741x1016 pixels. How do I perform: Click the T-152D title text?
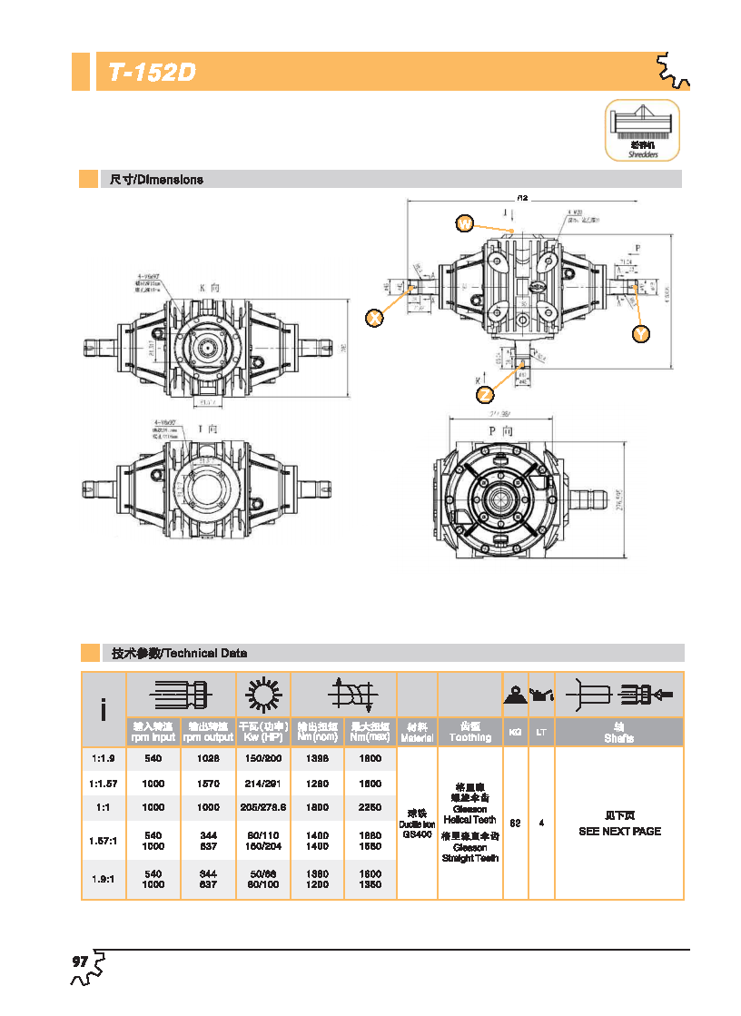click(153, 73)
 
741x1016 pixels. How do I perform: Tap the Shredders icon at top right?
click(642, 131)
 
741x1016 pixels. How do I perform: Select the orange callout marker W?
click(465, 223)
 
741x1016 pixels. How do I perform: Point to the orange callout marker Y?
click(641, 334)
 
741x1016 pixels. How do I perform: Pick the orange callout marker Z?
click(486, 394)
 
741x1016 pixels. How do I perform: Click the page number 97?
click(80, 962)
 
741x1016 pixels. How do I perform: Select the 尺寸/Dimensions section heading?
click(156, 180)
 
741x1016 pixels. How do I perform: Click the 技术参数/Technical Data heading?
click(179, 653)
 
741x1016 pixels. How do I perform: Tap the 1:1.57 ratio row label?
click(103, 783)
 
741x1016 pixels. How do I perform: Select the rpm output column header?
click(208, 733)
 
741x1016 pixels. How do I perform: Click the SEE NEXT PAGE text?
click(619, 831)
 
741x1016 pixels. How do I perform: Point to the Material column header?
click(417, 733)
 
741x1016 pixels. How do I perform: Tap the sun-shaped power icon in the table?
click(262, 695)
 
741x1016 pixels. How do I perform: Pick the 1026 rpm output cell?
click(208, 758)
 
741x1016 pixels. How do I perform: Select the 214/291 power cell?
click(262, 783)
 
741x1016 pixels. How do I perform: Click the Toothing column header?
click(470, 733)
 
